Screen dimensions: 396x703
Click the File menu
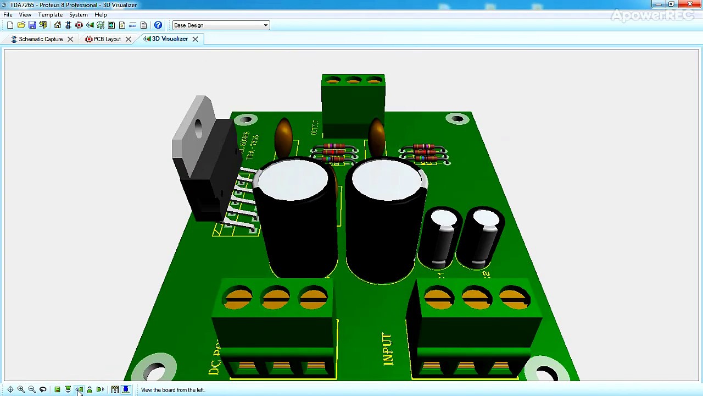(x=8, y=15)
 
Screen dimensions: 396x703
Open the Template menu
(x=50, y=15)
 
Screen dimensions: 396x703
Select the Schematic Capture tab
(x=40, y=39)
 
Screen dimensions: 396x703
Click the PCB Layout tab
(x=107, y=39)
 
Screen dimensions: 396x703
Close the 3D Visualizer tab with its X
(x=195, y=39)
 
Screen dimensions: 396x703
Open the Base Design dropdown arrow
(x=266, y=25)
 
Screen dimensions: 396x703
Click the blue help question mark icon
(x=158, y=25)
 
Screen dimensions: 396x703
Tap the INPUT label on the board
(x=387, y=349)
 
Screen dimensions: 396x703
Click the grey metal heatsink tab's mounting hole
(x=198, y=127)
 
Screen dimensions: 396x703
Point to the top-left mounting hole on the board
(x=246, y=119)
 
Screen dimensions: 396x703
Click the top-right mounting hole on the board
(x=457, y=118)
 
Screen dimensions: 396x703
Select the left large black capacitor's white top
(x=293, y=180)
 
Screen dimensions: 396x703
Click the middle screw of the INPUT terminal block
(x=476, y=299)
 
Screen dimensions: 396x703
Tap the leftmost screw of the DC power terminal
(x=238, y=298)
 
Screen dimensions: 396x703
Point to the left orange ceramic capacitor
(x=283, y=135)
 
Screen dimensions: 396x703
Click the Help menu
(x=101, y=15)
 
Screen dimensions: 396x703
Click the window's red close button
(x=690, y=4)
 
